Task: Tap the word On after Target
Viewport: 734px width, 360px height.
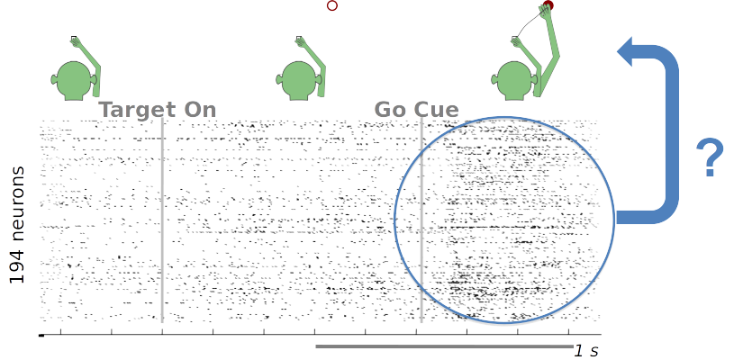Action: (x=199, y=110)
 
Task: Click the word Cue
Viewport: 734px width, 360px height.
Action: (x=437, y=110)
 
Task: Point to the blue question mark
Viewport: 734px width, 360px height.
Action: (x=711, y=158)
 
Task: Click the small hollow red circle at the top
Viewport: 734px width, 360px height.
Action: (x=332, y=5)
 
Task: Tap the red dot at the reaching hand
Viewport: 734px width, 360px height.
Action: (x=546, y=7)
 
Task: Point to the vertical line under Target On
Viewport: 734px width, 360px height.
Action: (x=162, y=225)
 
